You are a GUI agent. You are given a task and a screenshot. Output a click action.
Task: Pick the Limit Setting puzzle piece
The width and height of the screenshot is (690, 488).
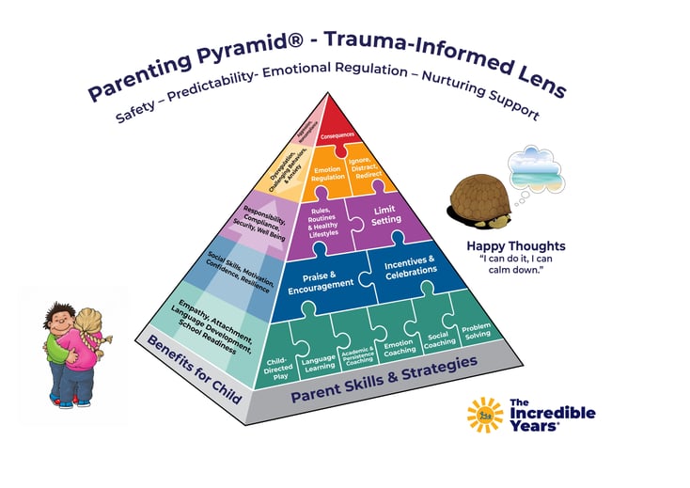384,214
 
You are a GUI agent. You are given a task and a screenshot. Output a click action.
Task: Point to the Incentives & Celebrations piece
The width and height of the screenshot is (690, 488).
411,265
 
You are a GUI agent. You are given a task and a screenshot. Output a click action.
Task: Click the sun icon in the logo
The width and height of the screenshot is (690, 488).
485,414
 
